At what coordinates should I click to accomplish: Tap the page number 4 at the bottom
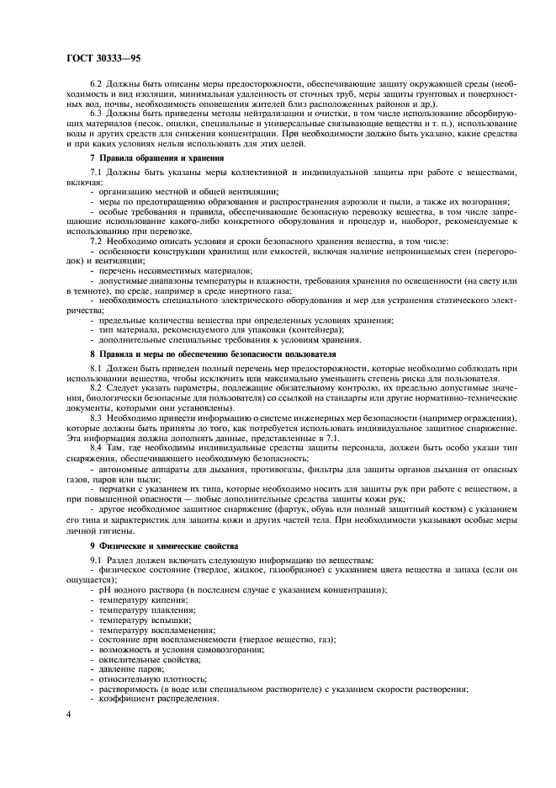pyautogui.click(x=68, y=715)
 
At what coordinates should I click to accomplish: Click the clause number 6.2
pyautogui.click(x=96, y=85)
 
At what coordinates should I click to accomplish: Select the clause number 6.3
pyautogui.click(x=96, y=112)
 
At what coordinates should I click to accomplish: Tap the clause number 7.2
pyautogui.click(x=96, y=241)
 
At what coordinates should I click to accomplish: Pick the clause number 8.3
pyautogui.click(x=96, y=417)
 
